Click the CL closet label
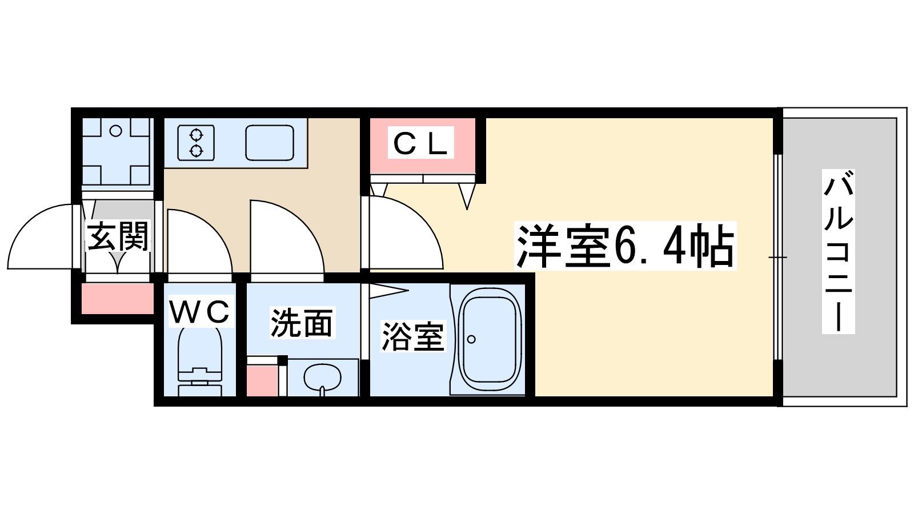[x=420, y=142]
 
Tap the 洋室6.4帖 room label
[x=625, y=246]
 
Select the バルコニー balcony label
[x=838, y=252]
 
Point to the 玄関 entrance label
[x=118, y=236]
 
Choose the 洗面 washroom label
[x=302, y=323]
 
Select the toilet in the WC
[x=200, y=362]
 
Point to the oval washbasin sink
[x=322, y=377]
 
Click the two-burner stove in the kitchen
[x=197, y=142]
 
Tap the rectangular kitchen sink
[x=270, y=142]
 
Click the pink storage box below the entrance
[x=118, y=299]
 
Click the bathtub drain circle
[x=471, y=339]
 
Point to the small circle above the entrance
[x=116, y=131]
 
